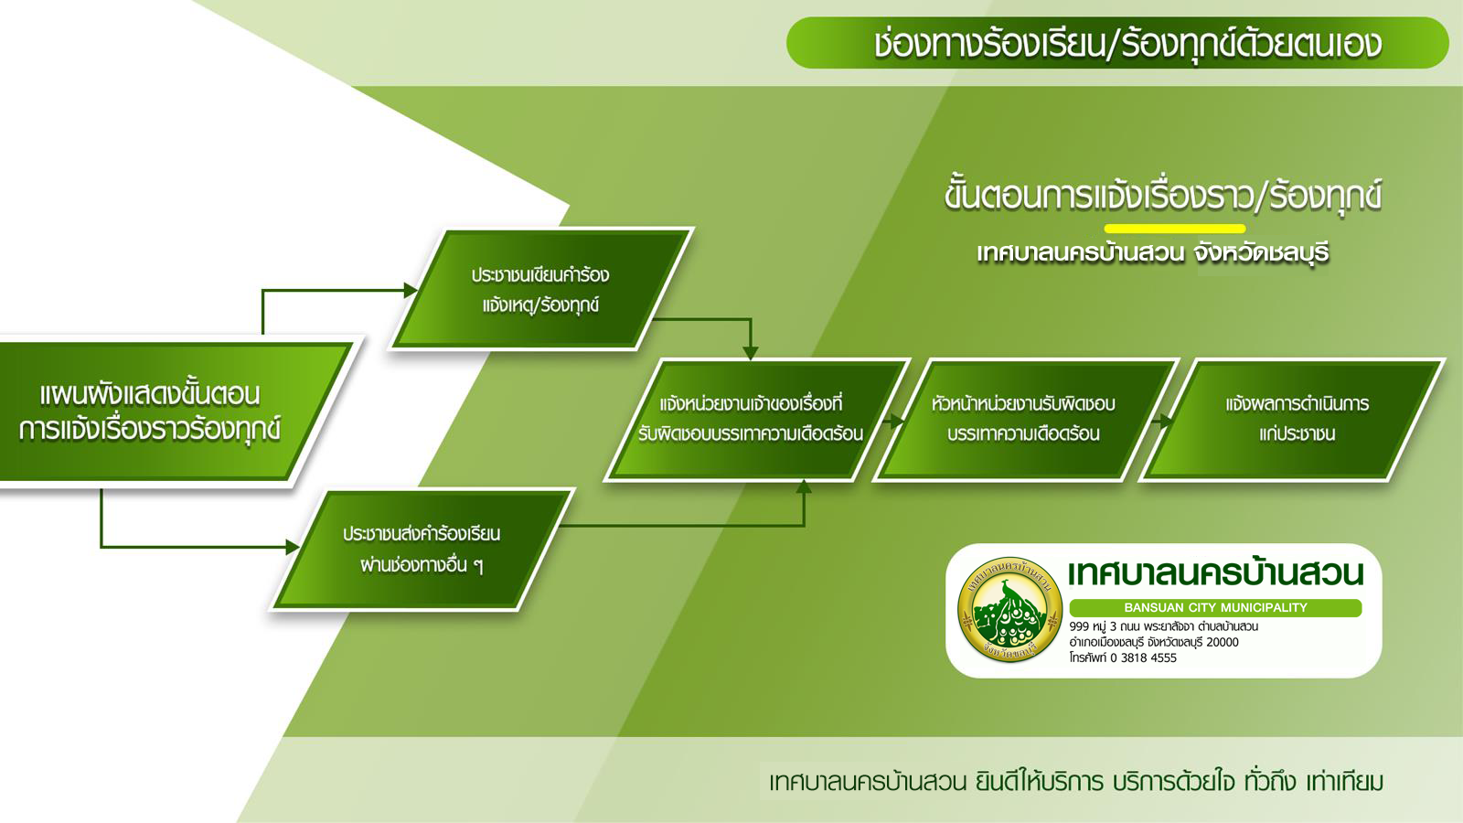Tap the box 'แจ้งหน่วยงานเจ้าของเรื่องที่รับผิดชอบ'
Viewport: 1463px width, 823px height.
pos(756,420)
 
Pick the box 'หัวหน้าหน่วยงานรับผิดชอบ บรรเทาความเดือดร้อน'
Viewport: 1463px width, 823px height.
pos(1024,420)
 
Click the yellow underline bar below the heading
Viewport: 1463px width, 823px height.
pos(1174,229)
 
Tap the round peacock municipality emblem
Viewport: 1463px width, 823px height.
pos(1010,609)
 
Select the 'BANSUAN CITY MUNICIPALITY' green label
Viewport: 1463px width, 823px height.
pos(1215,607)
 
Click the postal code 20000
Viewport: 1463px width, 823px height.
pos(1222,642)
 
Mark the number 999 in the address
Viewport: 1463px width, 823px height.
pos(1079,626)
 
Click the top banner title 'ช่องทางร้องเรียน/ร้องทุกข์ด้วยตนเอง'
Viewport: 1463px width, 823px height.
pos(1128,44)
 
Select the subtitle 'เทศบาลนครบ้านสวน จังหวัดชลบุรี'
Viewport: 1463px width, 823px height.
pos(1153,252)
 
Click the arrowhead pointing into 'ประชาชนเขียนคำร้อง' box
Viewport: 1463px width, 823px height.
pos(411,290)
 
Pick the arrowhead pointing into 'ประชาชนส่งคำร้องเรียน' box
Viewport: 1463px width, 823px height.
pos(293,547)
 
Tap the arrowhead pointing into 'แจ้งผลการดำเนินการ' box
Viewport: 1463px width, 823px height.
pos(1167,421)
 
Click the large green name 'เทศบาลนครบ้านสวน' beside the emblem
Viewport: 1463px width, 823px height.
pos(1215,573)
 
